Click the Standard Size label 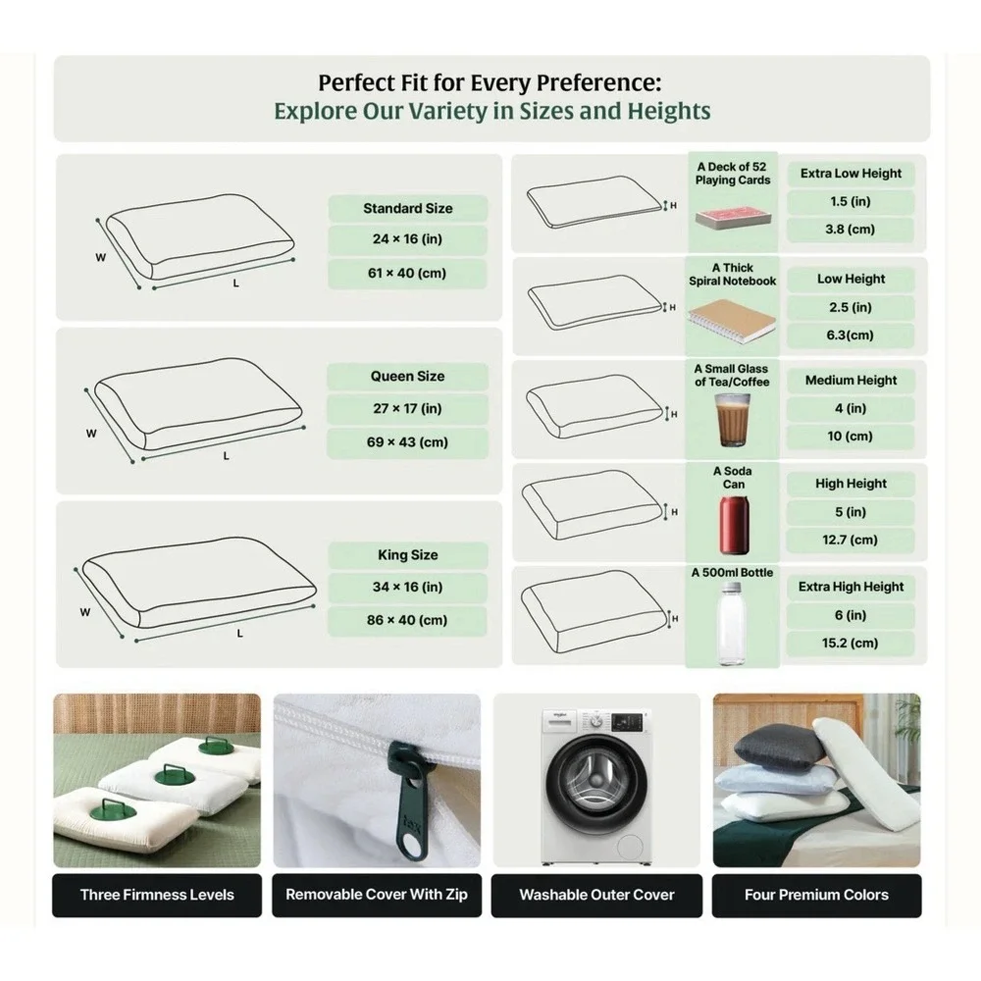408,208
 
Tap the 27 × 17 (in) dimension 407,408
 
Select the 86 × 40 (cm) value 407,620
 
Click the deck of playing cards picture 733,219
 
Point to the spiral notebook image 732,321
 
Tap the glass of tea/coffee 733,420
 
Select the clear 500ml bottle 732,624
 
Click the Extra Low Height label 851,174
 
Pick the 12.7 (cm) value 851,540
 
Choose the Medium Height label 851,381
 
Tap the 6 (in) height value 851,615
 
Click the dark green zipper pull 408,799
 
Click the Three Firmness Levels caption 157,895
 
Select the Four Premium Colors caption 816,895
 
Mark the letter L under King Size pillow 239,634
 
